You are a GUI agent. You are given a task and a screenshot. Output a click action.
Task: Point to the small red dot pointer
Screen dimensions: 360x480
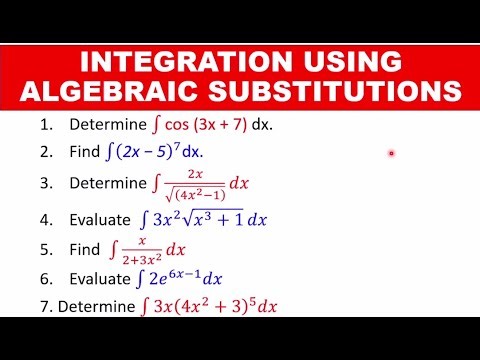click(391, 153)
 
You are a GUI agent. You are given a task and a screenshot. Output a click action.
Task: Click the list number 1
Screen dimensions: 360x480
click(47, 127)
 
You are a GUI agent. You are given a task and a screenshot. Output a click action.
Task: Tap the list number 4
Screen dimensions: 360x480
click(47, 219)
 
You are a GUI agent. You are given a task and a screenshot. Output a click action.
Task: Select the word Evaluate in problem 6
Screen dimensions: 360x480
click(99, 279)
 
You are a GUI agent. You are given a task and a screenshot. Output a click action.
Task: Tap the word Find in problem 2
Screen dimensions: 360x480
click(84, 155)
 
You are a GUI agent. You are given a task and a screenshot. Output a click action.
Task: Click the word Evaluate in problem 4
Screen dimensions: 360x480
click(99, 219)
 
